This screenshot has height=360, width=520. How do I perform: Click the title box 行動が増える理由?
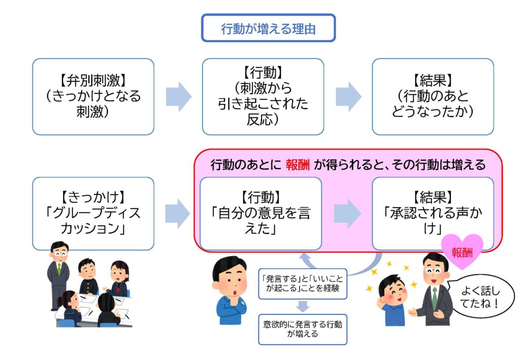pyautogui.click(x=268, y=28)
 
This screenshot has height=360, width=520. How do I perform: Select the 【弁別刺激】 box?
pyautogui.click(x=93, y=96)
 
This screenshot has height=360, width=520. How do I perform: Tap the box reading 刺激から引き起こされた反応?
pyautogui.click(x=263, y=96)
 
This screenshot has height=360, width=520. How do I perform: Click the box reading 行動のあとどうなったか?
pyautogui.click(x=433, y=96)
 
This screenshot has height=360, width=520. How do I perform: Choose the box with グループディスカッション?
pyautogui.click(x=93, y=213)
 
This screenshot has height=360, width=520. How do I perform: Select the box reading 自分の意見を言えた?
pyautogui.click(x=261, y=213)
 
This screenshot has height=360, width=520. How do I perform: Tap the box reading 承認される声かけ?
pyautogui.click(x=433, y=213)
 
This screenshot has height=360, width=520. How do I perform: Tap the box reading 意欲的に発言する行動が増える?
pyautogui.click(x=302, y=330)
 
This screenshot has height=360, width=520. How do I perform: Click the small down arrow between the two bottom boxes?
pyautogui.click(x=303, y=307)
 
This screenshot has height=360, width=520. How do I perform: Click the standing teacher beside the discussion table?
pyautogui.click(x=58, y=274)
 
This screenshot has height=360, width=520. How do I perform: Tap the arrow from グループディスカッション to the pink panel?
pyautogui.click(x=178, y=213)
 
